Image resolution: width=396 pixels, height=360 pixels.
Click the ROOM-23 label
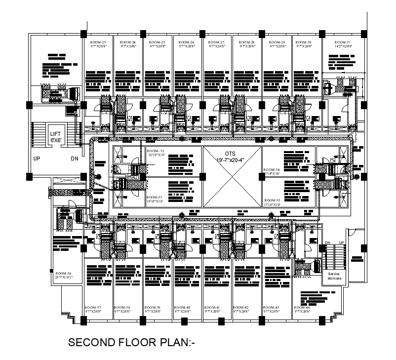click(98, 43)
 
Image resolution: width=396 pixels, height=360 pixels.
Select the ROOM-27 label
click(217, 43)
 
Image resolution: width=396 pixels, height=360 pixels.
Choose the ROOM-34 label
click(272, 170)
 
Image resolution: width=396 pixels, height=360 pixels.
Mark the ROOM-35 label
click(272, 200)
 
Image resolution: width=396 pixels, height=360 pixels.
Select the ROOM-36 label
click(64, 274)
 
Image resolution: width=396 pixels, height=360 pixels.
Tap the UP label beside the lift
click(37, 159)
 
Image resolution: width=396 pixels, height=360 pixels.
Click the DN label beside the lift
click(74, 159)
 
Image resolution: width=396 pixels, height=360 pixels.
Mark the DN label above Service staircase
click(327, 242)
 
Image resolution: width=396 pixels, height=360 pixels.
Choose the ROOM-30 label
click(304, 43)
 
